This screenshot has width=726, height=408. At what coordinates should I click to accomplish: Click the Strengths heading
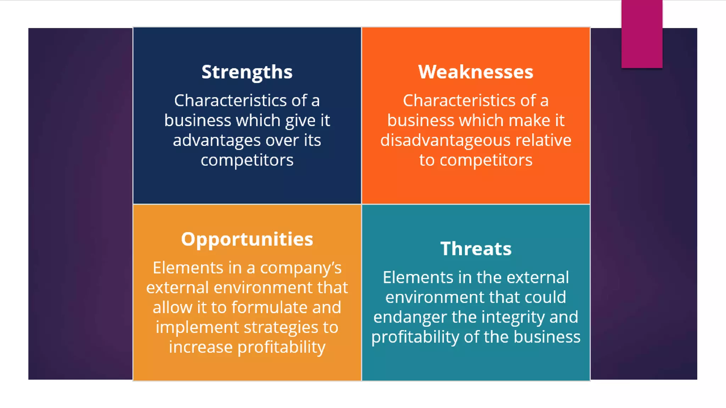[247, 72]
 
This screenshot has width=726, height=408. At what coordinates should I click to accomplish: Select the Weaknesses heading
[475, 72]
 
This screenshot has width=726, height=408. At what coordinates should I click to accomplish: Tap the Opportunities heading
[247, 239]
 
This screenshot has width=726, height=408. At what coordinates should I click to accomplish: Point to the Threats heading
[476, 249]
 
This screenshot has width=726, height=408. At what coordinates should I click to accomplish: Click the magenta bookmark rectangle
[642, 34]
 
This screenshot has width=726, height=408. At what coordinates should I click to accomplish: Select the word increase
[200, 347]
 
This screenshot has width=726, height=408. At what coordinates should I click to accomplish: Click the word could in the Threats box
[545, 297]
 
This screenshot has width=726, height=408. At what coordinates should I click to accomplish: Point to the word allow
[172, 307]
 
